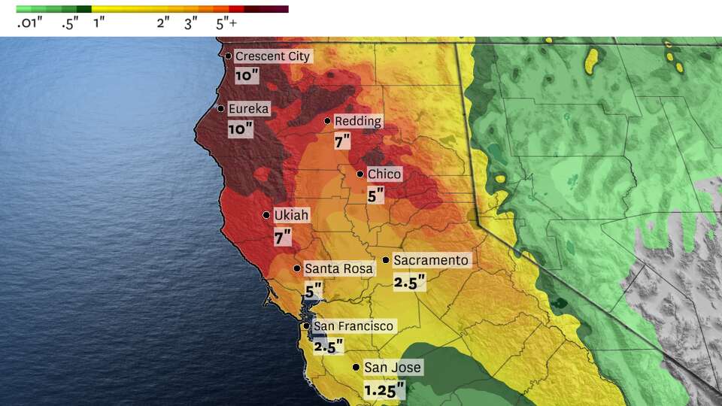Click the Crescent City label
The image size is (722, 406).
(272, 56)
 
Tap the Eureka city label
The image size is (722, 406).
(248, 109)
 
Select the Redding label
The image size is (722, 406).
(358, 121)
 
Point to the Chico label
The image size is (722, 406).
(384, 174)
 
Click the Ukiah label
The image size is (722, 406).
(291, 215)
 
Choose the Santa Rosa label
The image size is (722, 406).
(338, 268)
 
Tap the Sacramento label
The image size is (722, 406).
(431, 261)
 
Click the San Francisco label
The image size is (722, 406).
(353, 326)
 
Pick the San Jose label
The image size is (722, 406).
(393, 368)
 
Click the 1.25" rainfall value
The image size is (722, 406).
(384, 390)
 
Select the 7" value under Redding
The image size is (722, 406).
(343, 141)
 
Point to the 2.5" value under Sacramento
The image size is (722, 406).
(410, 282)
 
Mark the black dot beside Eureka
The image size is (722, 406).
(221, 109)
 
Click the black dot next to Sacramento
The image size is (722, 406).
(386, 260)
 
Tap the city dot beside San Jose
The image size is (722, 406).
(356, 368)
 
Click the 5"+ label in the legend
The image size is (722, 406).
(226, 23)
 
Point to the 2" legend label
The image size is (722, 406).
(163, 23)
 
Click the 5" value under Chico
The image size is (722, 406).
(375, 195)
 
